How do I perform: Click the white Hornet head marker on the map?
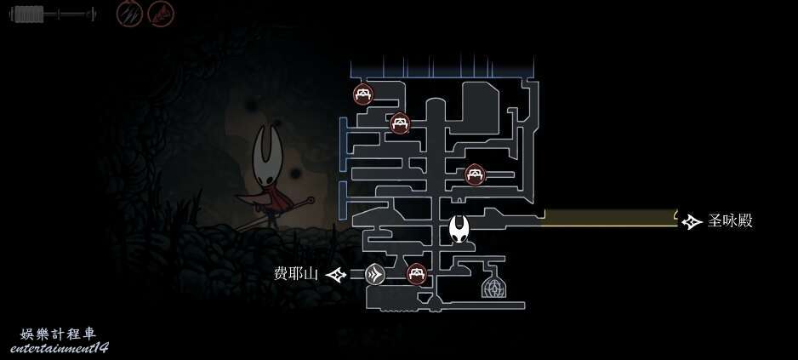pos(459,229)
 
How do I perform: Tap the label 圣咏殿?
pos(730,221)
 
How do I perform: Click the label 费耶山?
pos(296,274)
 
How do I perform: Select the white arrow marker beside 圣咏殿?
pos(692,221)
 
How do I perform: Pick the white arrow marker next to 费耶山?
pos(336,275)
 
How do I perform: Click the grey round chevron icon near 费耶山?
pos(375,275)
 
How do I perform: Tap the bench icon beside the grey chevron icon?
pos(416,274)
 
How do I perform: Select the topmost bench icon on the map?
pos(363,94)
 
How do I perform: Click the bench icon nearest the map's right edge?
pos(475,174)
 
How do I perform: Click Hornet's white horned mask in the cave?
pos(268,155)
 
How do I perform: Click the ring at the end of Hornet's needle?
pos(310,200)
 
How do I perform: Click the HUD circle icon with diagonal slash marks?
pos(129,14)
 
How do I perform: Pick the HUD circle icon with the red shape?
pos(161,14)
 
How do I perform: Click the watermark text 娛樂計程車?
pos(58,334)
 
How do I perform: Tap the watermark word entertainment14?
pos(59,348)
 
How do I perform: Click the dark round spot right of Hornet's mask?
pos(294,174)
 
